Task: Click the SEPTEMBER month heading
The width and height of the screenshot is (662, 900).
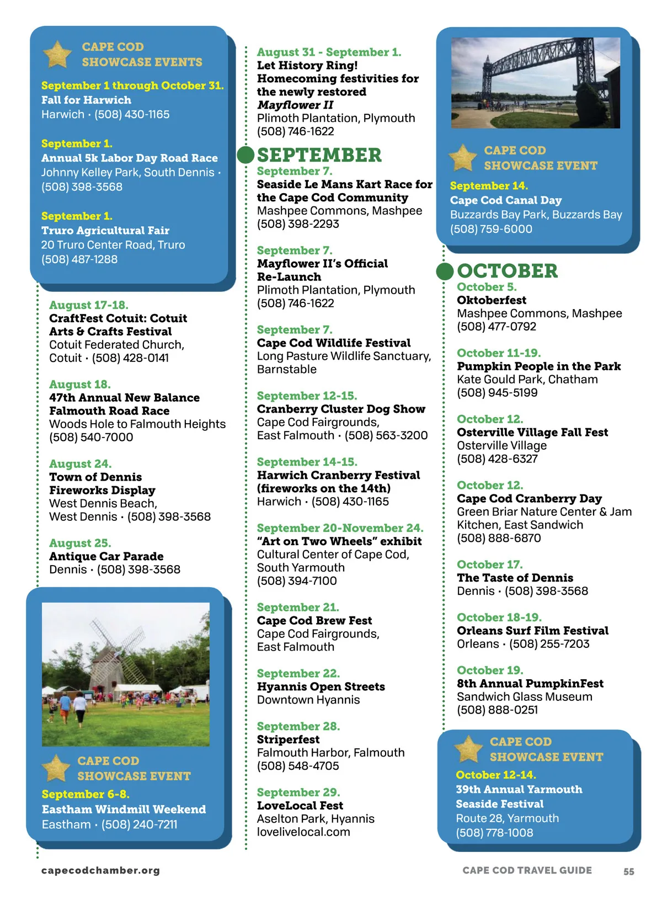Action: tap(319, 155)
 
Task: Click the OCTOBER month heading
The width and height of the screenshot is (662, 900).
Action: tap(507, 271)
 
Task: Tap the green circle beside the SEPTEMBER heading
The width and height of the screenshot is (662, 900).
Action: tap(245, 155)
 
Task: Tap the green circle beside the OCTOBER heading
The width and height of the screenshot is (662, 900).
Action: tap(445, 271)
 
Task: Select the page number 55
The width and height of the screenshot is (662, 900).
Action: tap(628, 871)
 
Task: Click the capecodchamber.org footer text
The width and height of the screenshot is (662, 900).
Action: tap(100, 870)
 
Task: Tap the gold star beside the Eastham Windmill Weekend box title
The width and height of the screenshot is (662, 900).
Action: tap(56, 768)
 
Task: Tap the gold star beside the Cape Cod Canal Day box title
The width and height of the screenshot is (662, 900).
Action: tap(462, 157)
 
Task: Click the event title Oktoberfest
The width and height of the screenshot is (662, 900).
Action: tap(491, 300)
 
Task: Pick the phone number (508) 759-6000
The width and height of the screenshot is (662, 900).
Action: tap(491, 229)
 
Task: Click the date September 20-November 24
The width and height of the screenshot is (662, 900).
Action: tap(340, 528)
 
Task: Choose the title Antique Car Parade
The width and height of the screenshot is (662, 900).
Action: tap(106, 556)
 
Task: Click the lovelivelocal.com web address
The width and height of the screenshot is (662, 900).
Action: tap(303, 832)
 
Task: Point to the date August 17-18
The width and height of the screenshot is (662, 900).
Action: tap(88, 305)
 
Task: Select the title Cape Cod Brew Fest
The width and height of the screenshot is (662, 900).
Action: tap(314, 621)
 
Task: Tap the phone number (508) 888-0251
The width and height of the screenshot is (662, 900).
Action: tap(497, 710)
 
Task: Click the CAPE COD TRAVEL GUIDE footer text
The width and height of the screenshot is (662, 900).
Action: tap(527, 870)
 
